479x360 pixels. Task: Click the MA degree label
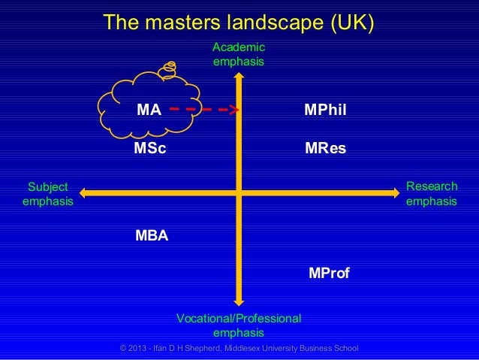[x=149, y=110]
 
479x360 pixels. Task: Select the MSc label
[x=149, y=148]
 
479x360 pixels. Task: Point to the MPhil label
[x=325, y=110]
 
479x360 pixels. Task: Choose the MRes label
[x=325, y=148]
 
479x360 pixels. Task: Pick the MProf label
[x=329, y=272]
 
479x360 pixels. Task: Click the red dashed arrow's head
[x=233, y=110]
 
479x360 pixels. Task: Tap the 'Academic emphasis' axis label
[x=239, y=55]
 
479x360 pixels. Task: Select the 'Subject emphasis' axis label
[x=48, y=194]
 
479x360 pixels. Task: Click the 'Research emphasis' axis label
[x=431, y=194]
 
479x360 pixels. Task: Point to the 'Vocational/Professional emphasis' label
[x=239, y=325]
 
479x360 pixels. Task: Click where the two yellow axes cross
[x=239, y=193]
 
